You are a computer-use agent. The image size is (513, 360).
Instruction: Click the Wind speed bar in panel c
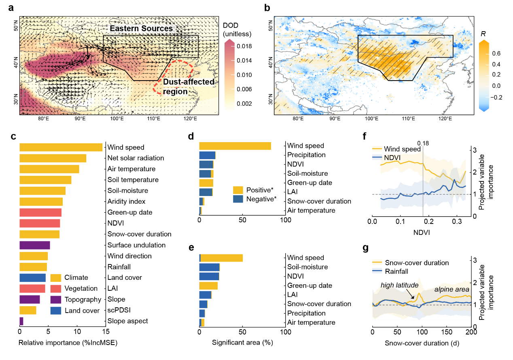click(61, 147)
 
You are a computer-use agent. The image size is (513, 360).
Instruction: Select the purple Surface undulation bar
click(35, 245)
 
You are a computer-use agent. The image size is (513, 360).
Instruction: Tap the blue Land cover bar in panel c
click(32, 278)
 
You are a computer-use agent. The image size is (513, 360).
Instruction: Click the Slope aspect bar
click(21, 321)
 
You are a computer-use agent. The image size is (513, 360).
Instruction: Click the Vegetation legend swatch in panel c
click(55, 289)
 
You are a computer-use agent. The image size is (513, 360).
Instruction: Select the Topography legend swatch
click(55, 300)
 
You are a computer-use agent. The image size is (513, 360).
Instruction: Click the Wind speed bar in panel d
click(235, 146)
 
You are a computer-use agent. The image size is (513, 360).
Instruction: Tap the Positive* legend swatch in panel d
click(238, 190)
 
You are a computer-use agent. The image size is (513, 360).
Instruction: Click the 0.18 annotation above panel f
click(422, 143)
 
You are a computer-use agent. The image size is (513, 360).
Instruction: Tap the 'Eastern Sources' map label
click(140, 28)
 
